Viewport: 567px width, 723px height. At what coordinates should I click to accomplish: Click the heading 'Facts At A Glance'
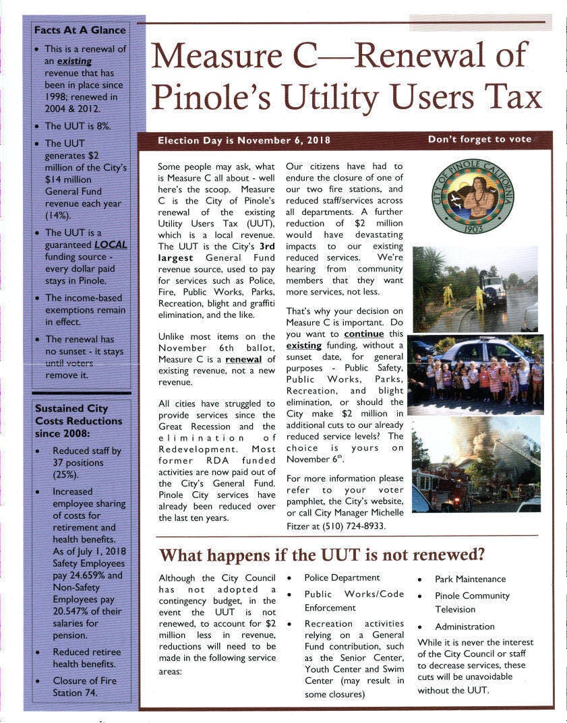tap(80, 30)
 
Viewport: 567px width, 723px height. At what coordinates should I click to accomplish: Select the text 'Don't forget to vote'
tap(479, 139)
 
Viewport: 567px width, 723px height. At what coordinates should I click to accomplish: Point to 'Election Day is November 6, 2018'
tap(243, 140)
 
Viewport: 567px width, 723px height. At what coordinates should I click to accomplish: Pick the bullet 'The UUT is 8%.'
tap(78, 126)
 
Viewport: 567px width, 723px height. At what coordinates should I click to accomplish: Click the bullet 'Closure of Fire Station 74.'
tap(84, 686)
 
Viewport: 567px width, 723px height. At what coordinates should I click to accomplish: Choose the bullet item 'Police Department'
tap(342, 577)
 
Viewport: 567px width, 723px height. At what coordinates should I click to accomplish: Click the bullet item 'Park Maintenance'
tap(470, 579)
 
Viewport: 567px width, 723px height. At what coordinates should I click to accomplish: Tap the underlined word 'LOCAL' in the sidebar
tap(110, 245)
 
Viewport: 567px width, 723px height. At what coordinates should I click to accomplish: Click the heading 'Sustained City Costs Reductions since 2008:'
tap(78, 420)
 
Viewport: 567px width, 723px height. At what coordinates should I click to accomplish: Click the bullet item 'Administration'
tap(465, 627)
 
